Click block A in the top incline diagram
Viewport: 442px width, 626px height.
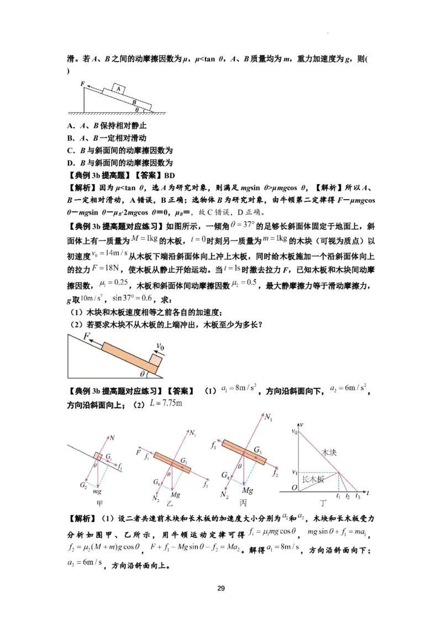119,88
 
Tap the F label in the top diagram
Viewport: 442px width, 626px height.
83,84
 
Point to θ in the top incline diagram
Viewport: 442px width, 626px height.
138,109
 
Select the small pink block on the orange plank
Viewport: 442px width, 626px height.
156,361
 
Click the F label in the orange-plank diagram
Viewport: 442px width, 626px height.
87,336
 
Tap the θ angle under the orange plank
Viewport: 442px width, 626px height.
143,374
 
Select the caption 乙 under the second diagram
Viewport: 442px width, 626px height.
170,504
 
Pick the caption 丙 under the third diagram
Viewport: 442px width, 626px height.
243,503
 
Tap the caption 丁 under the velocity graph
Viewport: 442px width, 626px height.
323,503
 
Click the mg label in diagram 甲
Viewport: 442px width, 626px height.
97,491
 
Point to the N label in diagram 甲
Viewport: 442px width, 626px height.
112,438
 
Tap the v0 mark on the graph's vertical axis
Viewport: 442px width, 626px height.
294,431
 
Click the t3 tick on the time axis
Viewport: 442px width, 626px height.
358,496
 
